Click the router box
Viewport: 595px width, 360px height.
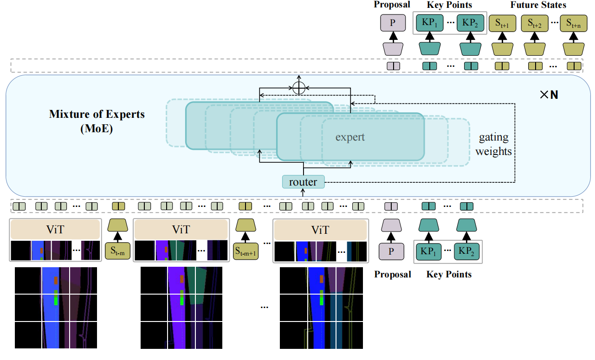pos(303,182)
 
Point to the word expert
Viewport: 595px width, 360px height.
pos(350,137)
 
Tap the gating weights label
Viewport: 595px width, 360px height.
pos(493,144)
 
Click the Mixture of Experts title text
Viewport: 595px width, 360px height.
pos(97,114)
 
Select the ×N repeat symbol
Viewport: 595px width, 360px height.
pos(549,95)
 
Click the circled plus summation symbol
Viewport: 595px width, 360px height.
pos(299,88)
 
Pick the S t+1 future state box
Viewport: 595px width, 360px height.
pos(501,24)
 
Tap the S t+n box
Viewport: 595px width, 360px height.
pos(572,24)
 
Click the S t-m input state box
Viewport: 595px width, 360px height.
pos(117,251)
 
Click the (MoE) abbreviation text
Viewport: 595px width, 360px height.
pos(97,128)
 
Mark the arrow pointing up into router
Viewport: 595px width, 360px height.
pos(303,193)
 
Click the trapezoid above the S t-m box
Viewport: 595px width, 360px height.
pos(117,226)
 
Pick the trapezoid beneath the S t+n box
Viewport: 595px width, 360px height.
pos(572,48)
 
